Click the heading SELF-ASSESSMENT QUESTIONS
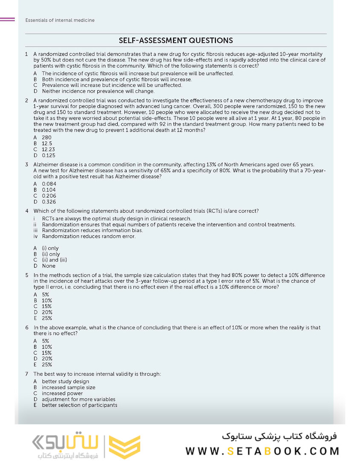(176, 41)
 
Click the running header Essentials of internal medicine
(60, 20)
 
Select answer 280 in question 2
(46, 138)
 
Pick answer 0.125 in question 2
(48, 156)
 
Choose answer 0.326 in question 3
(49, 202)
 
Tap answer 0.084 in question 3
(49, 184)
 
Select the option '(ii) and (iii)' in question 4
(54, 260)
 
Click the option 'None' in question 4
(49, 266)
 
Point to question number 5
(27, 275)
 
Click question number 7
(27, 374)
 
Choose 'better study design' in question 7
(65, 382)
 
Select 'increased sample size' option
(68, 388)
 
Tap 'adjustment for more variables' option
(78, 400)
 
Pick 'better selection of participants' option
(79, 405)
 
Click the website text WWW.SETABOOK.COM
(262, 451)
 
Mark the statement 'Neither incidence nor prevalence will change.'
(98, 91)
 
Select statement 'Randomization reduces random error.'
(89, 236)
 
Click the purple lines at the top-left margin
(7, 19)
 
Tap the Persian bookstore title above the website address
(279, 436)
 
